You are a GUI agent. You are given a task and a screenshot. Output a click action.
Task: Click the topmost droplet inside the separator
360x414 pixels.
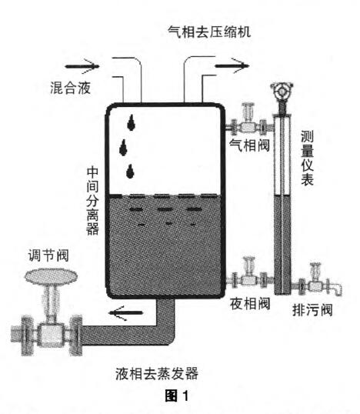point(135,121)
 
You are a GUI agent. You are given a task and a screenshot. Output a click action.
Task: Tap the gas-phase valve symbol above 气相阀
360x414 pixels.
point(248,122)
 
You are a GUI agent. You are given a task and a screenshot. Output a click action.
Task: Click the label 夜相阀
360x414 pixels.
point(249,303)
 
